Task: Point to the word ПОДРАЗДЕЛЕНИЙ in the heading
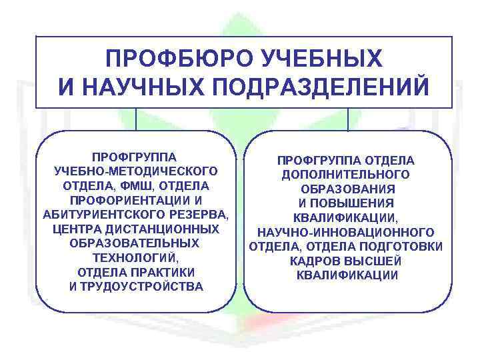click(x=321, y=87)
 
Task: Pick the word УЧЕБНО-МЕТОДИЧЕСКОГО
click(x=136, y=171)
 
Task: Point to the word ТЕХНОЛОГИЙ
click(x=136, y=258)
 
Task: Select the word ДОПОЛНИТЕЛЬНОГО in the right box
click(x=345, y=174)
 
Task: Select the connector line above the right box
click(x=348, y=119)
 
